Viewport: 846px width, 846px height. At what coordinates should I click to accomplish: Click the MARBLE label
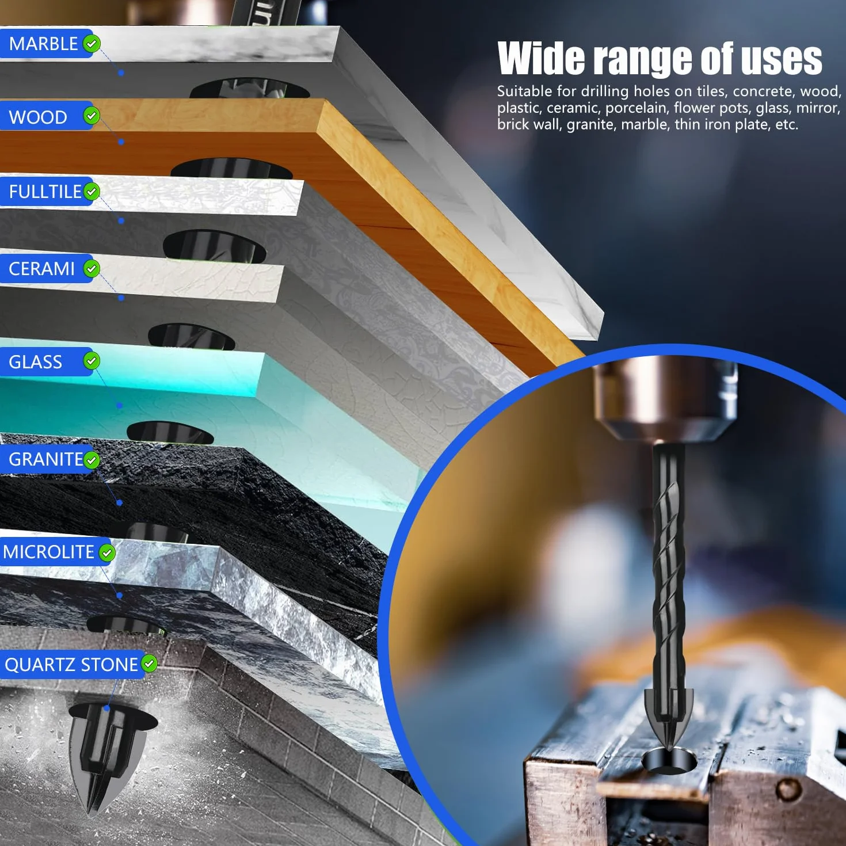click(43, 44)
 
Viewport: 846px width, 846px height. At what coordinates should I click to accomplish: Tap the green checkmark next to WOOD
click(92, 116)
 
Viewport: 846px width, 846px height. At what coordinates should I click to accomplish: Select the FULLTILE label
click(45, 192)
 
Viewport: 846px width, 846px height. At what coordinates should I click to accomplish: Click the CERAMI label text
click(41, 269)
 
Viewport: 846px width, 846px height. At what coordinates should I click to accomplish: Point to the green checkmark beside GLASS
click(92, 361)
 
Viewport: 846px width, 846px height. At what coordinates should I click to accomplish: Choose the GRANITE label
click(45, 459)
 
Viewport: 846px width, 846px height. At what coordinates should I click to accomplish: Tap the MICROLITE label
click(48, 552)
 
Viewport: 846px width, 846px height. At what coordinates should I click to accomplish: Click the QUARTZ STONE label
click(71, 665)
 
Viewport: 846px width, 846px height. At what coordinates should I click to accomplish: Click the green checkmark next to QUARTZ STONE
click(149, 663)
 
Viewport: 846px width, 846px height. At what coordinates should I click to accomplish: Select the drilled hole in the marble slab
click(250, 89)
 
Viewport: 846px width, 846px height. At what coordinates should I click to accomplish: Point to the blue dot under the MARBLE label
click(121, 73)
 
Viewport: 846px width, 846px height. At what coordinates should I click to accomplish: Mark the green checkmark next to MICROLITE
click(106, 552)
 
